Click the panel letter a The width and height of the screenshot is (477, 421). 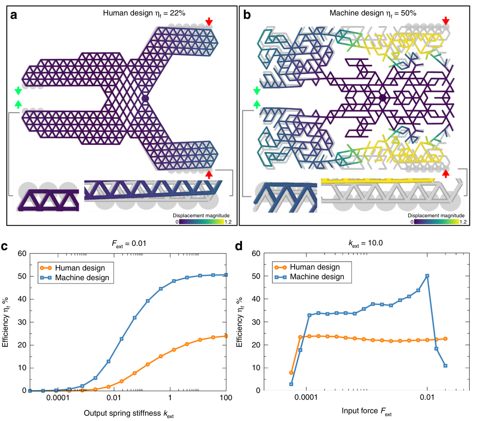[15, 15]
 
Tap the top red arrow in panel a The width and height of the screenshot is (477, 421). [209, 21]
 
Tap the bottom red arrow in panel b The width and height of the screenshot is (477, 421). [446, 173]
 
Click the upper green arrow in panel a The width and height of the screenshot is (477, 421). [18, 90]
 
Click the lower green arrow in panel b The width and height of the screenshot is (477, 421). [256, 103]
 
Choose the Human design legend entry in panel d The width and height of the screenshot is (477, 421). [314, 267]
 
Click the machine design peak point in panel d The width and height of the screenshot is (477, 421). [427, 276]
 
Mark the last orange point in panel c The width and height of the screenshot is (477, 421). [226, 336]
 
